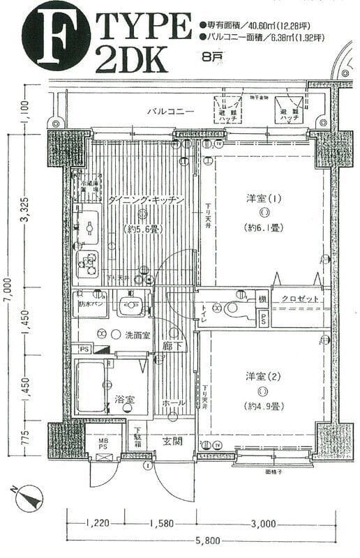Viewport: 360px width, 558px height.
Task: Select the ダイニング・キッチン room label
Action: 146,200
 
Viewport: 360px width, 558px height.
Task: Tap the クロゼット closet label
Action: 301,299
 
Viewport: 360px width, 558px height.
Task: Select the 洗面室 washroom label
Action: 137,335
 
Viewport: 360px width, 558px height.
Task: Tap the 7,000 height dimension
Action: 8,290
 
